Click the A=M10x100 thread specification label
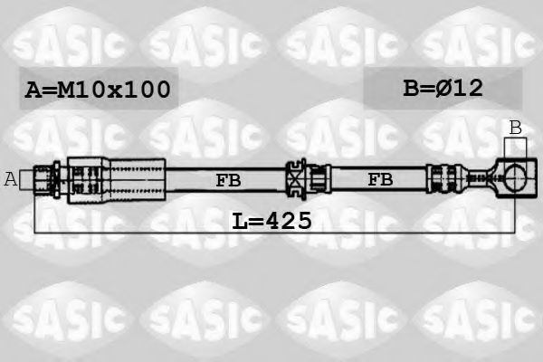(x=97, y=90)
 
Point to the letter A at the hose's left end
(x=11, y=179)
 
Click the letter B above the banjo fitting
(x=515, y=128)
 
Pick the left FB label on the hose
(x=228, y=180)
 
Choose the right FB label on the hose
(x=380, y=180)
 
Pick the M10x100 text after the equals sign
(x=113, y=90)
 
